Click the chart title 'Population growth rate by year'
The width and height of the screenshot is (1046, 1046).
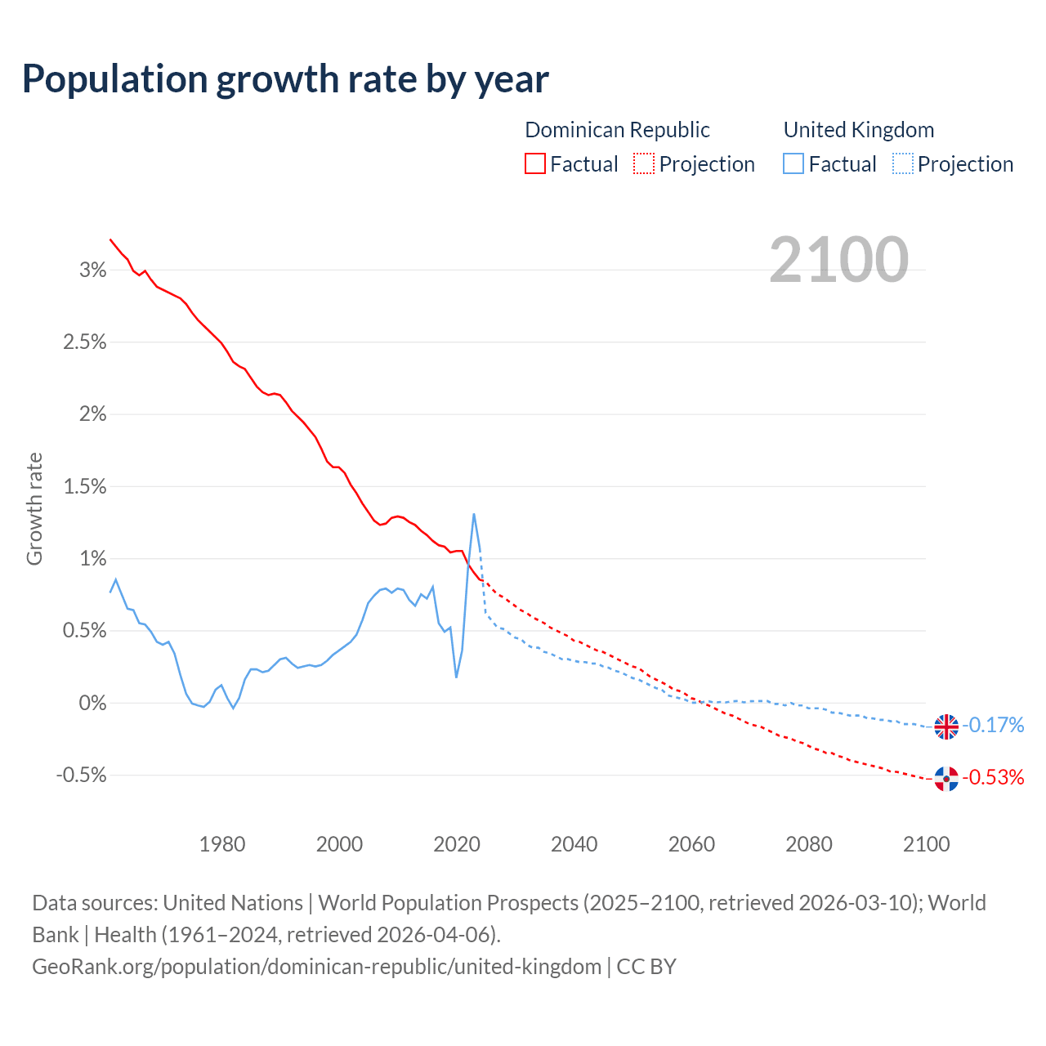pos(285,79)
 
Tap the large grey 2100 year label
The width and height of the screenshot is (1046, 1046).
pos(838,260)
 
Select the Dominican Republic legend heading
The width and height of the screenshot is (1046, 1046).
pos(617,130)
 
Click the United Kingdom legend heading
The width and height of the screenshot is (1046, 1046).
pos(858,130)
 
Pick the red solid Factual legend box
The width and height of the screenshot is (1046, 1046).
pos(534,164)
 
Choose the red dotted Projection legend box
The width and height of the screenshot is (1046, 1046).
pos(644,164)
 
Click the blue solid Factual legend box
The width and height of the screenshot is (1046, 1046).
pos(793,164)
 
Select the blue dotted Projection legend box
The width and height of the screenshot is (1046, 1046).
pos(902,164)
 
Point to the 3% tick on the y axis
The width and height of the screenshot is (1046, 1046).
pos(92,270)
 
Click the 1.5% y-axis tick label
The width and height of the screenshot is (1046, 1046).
pos(85,487)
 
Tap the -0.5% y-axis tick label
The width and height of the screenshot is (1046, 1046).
pos(81,776)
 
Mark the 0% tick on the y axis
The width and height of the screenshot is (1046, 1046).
pos(92,704)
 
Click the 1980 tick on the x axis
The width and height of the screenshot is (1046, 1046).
pos(222,844)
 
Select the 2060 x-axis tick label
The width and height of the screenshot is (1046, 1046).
pos(691,844)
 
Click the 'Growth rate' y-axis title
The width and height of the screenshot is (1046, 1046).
pos(34,508)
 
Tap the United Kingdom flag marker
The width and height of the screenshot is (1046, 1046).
pos(946,726)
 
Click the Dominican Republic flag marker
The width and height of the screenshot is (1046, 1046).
pos(946,779)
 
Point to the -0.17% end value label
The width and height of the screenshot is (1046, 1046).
pos(993,726)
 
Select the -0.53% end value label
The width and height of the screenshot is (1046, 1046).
pos(993,778)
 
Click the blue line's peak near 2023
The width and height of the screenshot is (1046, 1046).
pos(474,514)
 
